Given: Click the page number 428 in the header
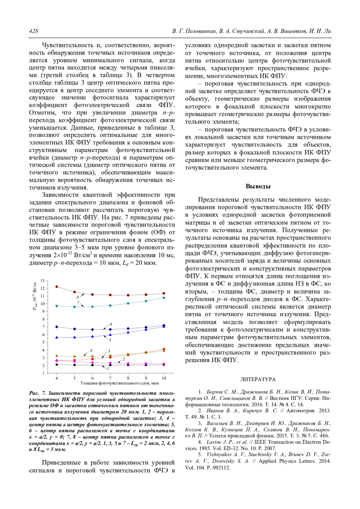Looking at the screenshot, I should (x=34, y=31).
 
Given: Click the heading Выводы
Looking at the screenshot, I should (x=258, y=186).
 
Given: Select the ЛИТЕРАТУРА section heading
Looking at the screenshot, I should (x=258, y=380).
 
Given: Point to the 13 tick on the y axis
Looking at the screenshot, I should (x=43, y=281).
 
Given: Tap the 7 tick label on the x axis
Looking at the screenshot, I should (x=110, y=378).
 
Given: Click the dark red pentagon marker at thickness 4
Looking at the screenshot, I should (x=57, y=287).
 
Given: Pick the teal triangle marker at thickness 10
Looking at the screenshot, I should (x=164, y=298).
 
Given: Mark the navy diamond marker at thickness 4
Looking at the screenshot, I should (x=57, y=327).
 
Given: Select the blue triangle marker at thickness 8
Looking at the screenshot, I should (x=128, y=332).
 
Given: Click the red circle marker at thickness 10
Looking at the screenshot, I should (x=164, y=349).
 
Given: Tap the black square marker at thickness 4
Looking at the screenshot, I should (x=57, y=365).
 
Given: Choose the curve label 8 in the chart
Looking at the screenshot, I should (x=78, y=297).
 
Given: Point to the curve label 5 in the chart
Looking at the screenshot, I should (x=110, y=340).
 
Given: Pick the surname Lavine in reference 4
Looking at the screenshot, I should (x=214, y=442).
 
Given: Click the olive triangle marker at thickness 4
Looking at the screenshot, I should (x=57, y=356).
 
